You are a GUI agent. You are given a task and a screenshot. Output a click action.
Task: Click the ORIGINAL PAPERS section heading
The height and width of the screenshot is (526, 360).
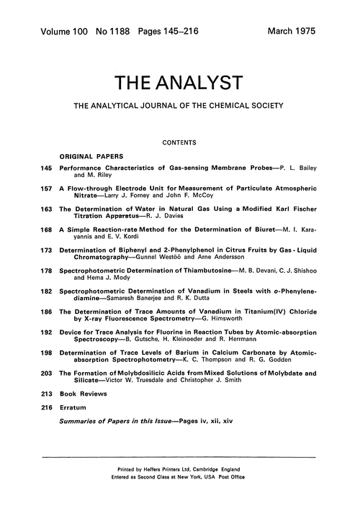coord(90,155)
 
